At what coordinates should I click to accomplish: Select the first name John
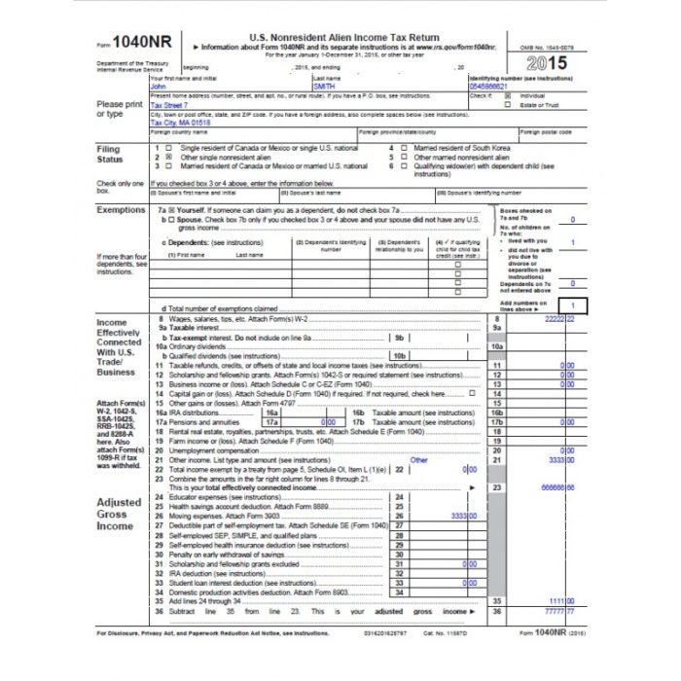pos(159,87)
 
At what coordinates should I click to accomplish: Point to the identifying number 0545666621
pos(489,87)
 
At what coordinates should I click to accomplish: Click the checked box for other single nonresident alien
pos(168,156)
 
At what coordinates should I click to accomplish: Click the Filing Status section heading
pos(109,155)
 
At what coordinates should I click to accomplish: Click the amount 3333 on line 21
pos(558,459)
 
